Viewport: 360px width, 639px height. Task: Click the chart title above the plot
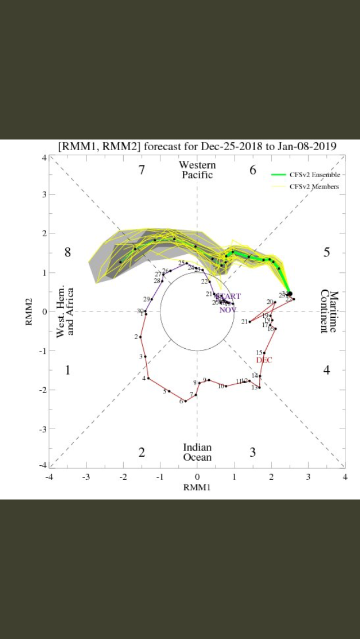click(x=197, y=146)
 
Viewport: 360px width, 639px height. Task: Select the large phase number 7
click(x=142, y=170)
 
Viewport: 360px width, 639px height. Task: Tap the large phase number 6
click(x=253, y=170)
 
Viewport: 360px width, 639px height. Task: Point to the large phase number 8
click(x=67, y=252)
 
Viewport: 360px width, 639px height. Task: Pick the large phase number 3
click(x=253, y=452)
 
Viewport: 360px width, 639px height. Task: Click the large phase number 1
click(x=67, y=370)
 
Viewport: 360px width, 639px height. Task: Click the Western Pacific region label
click(x=197, y=170)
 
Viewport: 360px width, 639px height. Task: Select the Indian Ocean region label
click(x=197, y=452)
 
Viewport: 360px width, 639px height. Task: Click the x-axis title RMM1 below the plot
click(x=197, y=488)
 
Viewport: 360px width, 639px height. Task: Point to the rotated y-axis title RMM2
click(x=29, y=311)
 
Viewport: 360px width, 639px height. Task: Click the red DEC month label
click(x=264, y=360)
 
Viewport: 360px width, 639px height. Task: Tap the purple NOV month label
click(x=227, y=310)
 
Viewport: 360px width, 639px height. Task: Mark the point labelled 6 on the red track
click(x=186, y=401)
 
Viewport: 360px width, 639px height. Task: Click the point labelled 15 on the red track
click(x=264, y=353)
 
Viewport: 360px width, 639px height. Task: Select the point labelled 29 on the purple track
click(x=151, y=299)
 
